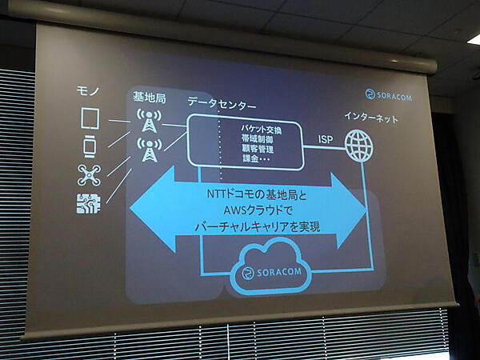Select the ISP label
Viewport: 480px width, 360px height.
pos(325,140)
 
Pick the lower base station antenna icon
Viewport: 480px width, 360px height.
pos(149,149)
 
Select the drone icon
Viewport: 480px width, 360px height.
pos(89,174)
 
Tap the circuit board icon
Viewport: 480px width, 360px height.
pos(89,203)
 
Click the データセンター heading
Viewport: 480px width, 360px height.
pos(222,106)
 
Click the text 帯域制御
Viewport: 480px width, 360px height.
pos(258,138)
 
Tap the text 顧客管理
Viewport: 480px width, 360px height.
pos(258,149)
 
